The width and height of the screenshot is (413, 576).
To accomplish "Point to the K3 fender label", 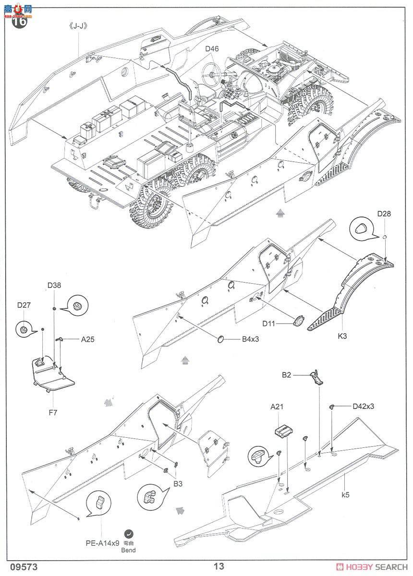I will (x=342, y=336).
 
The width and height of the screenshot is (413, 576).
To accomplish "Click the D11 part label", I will (x=269, y=324).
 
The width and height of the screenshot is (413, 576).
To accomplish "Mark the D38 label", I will (x=54, y=285).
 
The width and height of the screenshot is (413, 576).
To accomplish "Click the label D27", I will (x=24, y=305).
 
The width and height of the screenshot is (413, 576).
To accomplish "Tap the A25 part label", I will (x=87, y=339).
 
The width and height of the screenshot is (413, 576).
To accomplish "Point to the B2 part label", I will (x=286, y=375).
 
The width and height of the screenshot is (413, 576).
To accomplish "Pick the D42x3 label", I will (x=363, y=406).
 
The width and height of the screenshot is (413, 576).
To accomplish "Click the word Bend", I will (x=128, y=550).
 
